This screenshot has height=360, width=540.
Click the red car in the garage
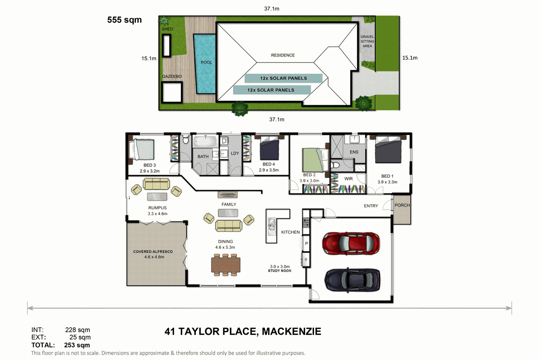(351, 243)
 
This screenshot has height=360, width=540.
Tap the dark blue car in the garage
(352, 280)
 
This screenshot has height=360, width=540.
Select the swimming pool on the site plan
(205, 63)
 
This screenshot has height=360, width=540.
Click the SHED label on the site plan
(167, 29)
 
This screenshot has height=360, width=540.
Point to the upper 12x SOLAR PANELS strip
(283, 78)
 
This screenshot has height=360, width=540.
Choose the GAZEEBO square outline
(171, 92)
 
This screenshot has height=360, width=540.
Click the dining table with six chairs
(225, 265)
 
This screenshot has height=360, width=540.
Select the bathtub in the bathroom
(205, 141)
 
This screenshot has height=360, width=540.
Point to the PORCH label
(402, 205)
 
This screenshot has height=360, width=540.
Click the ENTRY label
(371, 206)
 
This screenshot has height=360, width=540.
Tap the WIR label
(349, 179)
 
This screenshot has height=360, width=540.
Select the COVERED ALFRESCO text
(153, 252)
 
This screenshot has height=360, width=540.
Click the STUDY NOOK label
(279, 271)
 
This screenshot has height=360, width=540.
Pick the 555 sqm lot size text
(124, 20)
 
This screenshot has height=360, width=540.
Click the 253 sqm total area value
(77, 345)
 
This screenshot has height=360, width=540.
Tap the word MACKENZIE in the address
(292, 331)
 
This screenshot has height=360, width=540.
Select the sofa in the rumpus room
(156, 184)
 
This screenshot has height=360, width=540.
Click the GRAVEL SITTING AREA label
(367, 41)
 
